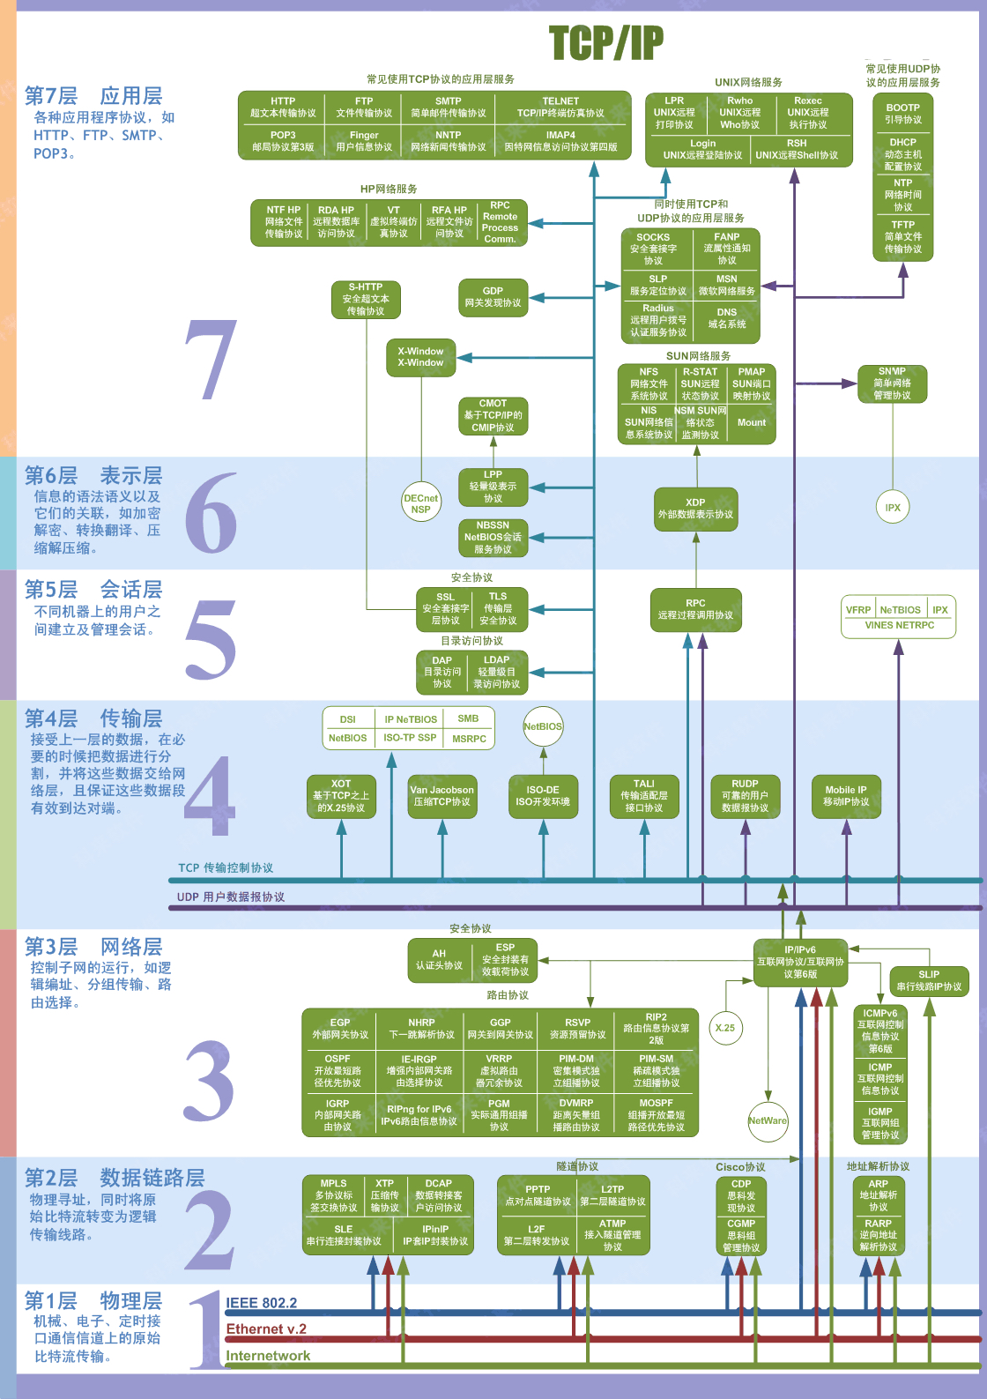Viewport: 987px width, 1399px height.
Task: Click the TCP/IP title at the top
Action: tap(605, 42)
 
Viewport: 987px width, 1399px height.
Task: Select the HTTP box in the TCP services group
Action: tap(283, 107)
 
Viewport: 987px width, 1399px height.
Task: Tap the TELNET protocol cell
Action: tap(560, 107)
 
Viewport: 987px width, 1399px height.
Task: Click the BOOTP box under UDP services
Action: tap(902, 114)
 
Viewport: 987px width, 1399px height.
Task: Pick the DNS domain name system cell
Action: tap(726, 318)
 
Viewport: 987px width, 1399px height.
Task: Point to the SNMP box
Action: tap(892, 383)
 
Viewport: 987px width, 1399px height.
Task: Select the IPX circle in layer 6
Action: tap(893, 507)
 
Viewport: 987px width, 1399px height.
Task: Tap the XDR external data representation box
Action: tap(695, 509)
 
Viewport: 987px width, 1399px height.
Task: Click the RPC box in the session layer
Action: tap(695, 609)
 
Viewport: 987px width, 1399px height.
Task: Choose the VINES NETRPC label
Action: tap(899, 625)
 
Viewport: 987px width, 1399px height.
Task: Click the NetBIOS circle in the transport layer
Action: tap(543, 726)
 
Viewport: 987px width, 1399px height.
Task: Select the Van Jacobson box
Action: tap(442, 796)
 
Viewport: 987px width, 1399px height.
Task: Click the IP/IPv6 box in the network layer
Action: tap(800, 962)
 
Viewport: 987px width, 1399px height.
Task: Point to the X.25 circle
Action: tap(725, 1028)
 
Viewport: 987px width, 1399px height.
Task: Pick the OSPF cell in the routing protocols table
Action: tap(338, 1070)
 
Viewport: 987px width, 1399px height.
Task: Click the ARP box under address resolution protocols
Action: tap(878, 1195)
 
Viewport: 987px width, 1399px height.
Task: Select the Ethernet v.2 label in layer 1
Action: tap(266, 1329)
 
